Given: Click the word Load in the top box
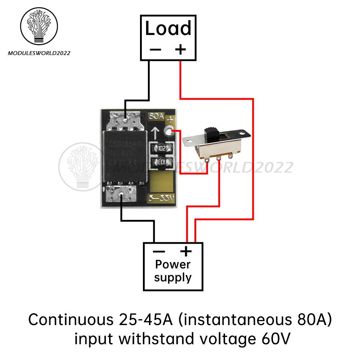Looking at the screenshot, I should click(168, 29).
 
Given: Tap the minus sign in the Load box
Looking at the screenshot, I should click(155, 49).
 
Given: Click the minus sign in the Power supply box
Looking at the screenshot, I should click(159, 251).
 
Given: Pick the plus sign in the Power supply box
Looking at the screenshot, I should click(186, 251).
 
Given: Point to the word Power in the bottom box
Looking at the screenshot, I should click(173, 265).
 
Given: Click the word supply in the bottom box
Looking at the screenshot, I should click(173, 278).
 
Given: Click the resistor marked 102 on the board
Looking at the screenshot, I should click(161, 148).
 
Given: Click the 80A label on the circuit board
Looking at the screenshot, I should click(156, 117).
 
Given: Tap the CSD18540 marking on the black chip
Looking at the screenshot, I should click(124, 144).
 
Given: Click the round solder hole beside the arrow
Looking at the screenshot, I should click(168, 131).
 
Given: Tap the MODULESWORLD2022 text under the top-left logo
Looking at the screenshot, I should click(39, 53).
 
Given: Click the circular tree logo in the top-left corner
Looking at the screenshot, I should click(39, 27).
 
